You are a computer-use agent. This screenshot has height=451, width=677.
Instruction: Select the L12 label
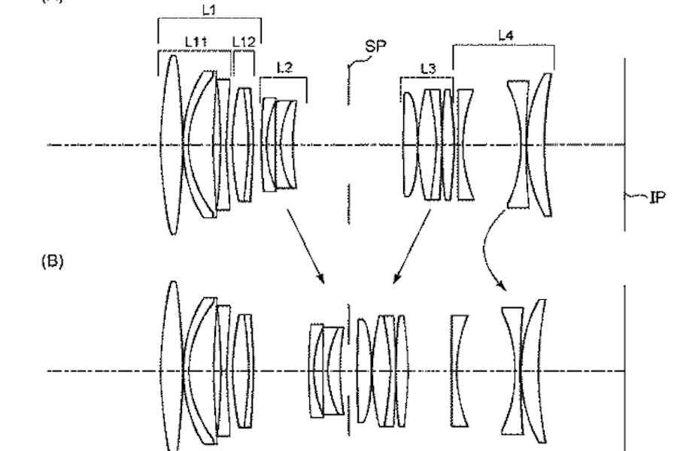point(244,42)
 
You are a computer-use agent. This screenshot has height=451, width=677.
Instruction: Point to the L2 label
point(284,68)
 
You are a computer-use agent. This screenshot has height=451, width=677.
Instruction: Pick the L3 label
point(427,68)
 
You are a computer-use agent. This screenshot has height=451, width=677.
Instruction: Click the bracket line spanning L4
point(502,46)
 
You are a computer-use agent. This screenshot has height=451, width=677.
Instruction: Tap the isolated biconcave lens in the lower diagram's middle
point(458,370)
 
